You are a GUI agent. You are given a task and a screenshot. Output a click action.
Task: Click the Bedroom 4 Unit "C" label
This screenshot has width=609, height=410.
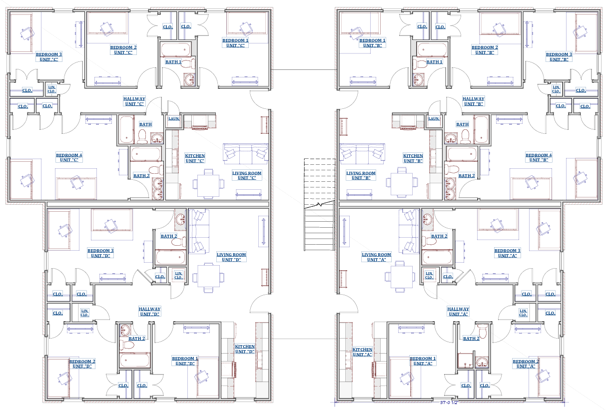(x=69, y=158)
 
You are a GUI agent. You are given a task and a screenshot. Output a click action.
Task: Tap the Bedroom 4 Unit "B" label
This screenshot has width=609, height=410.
(x=539, y=158)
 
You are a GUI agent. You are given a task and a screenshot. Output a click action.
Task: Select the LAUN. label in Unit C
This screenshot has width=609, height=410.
(x=174, y=118)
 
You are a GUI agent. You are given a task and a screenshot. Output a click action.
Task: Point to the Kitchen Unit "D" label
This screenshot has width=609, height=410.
(x=245, y=349)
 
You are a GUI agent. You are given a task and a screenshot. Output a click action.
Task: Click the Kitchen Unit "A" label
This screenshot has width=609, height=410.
(x=362, y=352)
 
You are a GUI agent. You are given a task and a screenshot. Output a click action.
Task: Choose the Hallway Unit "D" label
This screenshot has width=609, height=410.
(x=149, y=312)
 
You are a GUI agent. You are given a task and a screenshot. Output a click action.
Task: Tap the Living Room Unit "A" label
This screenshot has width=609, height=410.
(x=376, y=257)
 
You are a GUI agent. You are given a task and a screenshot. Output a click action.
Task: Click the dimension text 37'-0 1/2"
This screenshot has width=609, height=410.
(x=449, y=403)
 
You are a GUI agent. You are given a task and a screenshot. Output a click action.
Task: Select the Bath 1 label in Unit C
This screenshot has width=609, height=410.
(x=173, y=62)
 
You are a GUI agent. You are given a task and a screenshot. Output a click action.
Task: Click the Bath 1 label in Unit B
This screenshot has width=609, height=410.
(x=434, y=62)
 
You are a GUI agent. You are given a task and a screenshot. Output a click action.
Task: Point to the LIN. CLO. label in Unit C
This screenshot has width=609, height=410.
(x=51, y=89)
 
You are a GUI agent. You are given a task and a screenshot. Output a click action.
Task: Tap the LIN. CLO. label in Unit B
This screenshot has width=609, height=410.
(x=556, y=89)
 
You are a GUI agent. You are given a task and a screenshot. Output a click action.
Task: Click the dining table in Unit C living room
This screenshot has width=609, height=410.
(x=208, y=184)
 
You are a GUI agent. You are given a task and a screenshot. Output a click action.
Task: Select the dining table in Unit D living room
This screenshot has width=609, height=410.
(x=208, y=278)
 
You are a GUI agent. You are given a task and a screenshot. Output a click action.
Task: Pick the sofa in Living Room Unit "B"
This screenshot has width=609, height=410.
(x=362, y=154)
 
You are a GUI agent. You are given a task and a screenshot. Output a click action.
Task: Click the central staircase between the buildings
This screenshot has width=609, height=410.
(x=319, y=204)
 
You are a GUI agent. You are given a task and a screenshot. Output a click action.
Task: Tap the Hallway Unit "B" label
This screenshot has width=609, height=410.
(x=473, y=101)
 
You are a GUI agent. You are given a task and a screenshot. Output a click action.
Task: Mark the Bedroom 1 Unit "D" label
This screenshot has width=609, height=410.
(x=185, y=361)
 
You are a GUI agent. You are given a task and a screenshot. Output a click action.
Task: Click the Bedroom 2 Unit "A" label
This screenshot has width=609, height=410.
(x=526, y=364)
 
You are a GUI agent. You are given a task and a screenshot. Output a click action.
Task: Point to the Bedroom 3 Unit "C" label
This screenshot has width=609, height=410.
(x=49, y=57)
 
